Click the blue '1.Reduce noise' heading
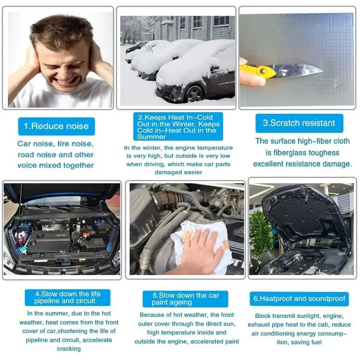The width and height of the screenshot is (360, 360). (x=56, y=126)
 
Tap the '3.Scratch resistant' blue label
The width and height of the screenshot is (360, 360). (x=299, y=123)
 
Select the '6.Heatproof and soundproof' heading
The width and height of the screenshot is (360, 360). (x=299, y=299)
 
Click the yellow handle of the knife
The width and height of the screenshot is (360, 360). (x=258, y=71)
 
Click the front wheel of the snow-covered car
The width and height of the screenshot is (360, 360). (x=194, y=94)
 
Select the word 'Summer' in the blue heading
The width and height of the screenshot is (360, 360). (x=152, y=137)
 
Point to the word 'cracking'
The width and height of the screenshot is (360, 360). (x=69, y=349)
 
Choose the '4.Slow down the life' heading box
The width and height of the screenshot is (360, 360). (x=67, y=297)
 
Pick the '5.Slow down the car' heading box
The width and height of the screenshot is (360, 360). (x=185, y=299)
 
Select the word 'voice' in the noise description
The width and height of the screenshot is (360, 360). (x=27, y=166)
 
